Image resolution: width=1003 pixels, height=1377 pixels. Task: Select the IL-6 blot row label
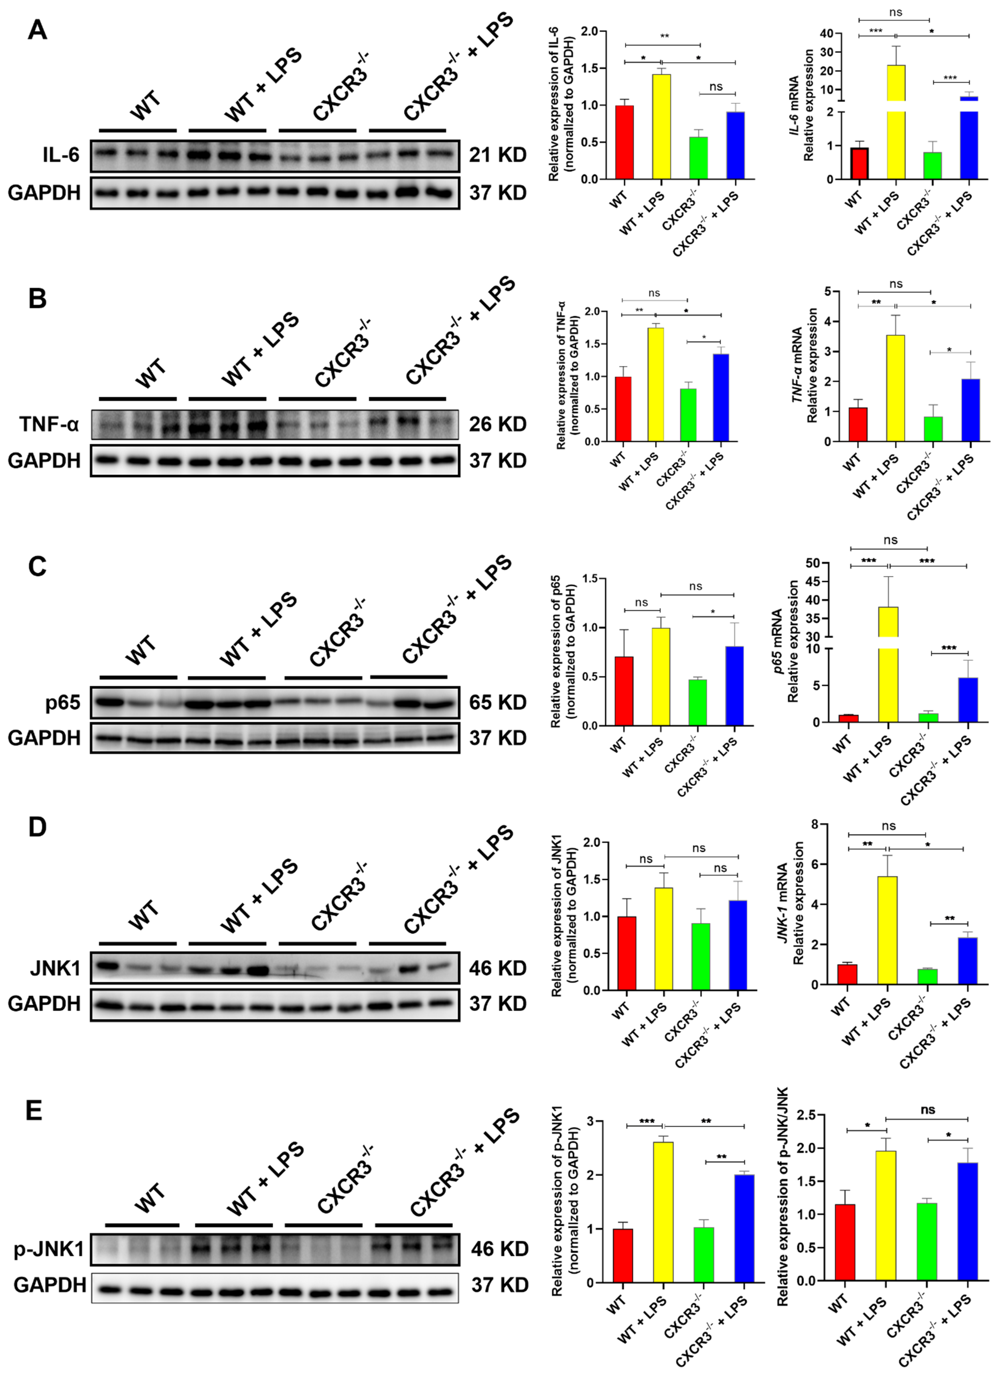[x=61, y=155]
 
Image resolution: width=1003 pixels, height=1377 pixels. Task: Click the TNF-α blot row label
[x=49, y=424]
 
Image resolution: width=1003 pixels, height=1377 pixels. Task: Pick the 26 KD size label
[x=497, y=424]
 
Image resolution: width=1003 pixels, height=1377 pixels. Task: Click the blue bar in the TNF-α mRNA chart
[x=970, y=410]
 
